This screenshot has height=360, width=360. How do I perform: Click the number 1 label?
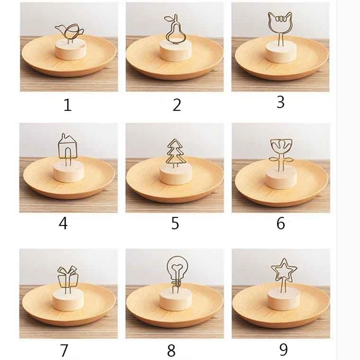(x=67, y=105)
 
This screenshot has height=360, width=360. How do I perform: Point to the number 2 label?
(x=177, y=105)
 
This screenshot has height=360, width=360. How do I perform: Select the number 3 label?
(x=280, y=102)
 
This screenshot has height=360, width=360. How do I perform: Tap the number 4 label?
(x=63, y=223)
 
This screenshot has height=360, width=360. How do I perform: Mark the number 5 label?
(x=175, y=223)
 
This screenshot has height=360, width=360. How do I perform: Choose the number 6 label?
(x=280, y=223)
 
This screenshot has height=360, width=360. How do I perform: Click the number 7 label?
(x=64, y=350)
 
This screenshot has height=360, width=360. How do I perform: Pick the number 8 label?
(x=171, y=350)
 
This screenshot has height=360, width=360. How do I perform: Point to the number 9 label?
(x=283, y=350)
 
